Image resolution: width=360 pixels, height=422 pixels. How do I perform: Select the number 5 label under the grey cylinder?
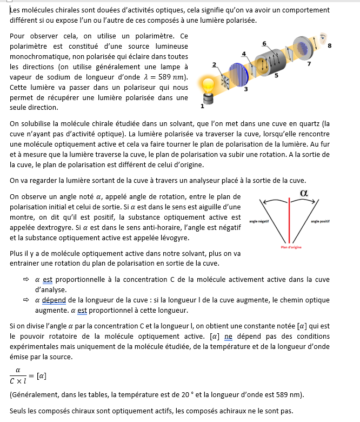point(276,76)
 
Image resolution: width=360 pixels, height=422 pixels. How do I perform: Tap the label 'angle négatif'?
point(259,222)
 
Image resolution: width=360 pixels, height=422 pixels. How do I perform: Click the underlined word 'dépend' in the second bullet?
point(54,300)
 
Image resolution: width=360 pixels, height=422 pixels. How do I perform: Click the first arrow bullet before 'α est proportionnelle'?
point(25,280)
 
